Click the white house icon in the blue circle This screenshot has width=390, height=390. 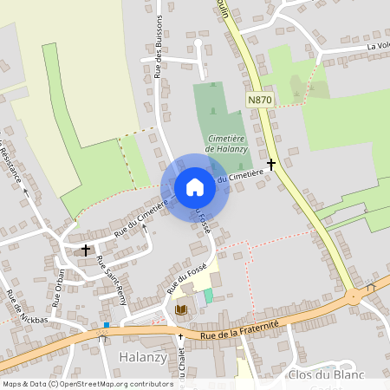[x=195, y=187]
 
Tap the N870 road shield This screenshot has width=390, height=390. [x=260, y=101]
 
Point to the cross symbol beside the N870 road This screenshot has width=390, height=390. [x=271, y=163]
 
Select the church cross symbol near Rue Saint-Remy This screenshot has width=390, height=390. [x=86, y=250]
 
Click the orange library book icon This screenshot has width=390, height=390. [x=181, y=309]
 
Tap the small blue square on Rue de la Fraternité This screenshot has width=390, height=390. [x=106, y=326]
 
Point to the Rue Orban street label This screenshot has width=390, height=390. [x=59, y=289]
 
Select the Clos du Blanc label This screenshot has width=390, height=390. [x=331, y=374]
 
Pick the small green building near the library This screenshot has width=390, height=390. [x=208, y=296]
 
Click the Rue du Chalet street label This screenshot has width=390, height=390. [x=183, y=364]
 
